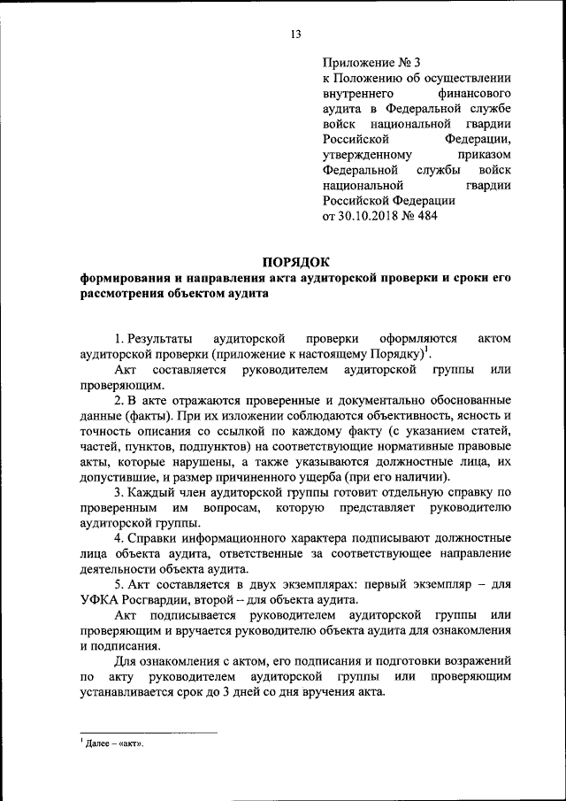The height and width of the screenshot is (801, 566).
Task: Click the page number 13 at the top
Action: coord(295,35)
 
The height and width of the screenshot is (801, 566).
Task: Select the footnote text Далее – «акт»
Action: coord(111,744)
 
